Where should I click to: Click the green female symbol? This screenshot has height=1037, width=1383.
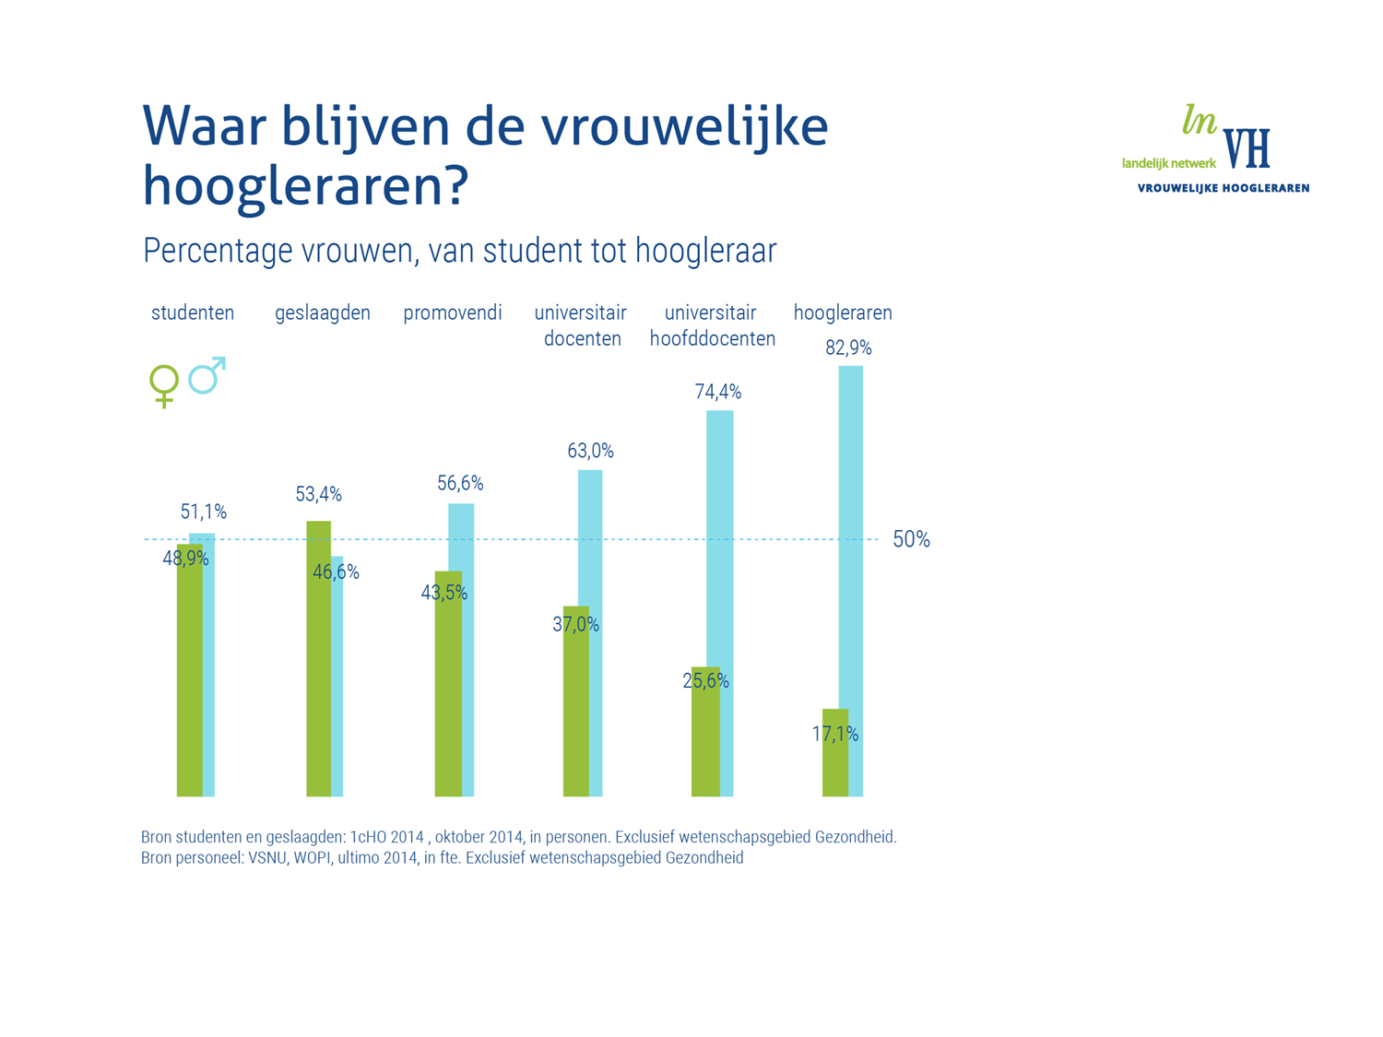164,385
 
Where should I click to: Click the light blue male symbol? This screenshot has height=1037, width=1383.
207,375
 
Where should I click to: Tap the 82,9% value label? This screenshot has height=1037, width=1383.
848,348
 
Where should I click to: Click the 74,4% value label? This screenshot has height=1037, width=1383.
718,393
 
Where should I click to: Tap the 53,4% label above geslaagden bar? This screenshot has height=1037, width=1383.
318,495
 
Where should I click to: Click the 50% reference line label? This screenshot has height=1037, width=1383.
911,540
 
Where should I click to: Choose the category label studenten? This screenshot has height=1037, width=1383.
193,313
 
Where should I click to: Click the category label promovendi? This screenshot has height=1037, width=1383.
453,313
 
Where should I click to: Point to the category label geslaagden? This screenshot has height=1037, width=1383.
323,313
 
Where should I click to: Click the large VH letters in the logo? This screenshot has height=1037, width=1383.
1247,148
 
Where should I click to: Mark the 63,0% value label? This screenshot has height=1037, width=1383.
590,451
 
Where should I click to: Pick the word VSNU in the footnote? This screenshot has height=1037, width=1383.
268,858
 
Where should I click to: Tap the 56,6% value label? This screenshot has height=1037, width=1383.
460,484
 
